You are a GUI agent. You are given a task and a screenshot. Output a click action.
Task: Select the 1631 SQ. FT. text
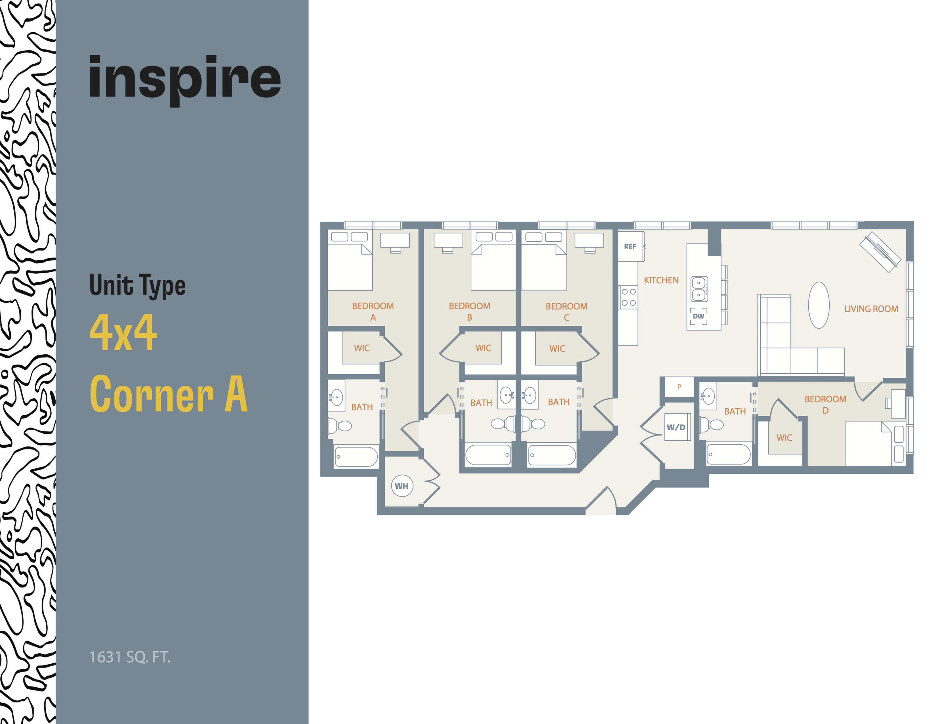129,657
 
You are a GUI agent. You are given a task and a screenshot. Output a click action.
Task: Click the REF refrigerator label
630,246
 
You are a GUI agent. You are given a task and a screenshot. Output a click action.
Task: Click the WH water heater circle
401,486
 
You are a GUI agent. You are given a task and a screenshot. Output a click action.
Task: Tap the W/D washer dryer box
676,427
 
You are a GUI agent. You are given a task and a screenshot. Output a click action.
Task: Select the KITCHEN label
661,280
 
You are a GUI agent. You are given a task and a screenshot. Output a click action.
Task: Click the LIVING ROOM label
871,309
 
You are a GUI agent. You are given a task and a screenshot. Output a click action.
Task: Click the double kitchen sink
699,289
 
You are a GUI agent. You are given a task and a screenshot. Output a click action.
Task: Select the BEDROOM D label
825,405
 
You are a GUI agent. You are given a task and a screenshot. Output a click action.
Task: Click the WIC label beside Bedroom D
784,438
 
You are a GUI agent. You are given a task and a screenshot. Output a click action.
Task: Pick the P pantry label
679,387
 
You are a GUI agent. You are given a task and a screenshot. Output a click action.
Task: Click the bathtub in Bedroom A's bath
356,456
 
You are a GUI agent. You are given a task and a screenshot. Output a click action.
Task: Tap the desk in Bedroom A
395,240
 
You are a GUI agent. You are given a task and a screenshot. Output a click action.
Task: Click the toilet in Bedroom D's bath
712,425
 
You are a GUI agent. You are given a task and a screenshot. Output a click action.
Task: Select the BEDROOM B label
469,311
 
